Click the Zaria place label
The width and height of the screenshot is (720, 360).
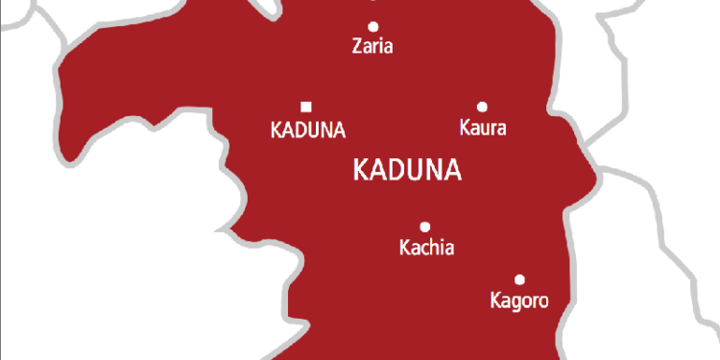click(x=373, y=46)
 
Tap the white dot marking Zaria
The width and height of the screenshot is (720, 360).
click(x=373, y=26)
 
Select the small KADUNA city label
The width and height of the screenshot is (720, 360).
click(x=307, y=129)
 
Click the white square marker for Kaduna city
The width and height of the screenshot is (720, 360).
click(x=306, y=107)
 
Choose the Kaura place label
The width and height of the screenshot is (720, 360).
click(x=483, y=128)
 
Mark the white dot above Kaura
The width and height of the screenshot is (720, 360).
click(x=482, y=107)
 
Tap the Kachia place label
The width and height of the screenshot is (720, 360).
click(x=425, y=249)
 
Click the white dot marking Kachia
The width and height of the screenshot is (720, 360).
click(x=425, y=228)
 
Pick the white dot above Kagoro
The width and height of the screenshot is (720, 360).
click(x=519, y=280)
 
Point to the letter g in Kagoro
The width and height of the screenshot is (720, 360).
click(x=516, y=303)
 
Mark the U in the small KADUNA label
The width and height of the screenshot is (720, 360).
click(x=313, y=129)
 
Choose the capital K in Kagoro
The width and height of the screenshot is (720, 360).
click(x=492, y=301)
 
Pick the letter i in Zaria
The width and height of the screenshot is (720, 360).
click(x=383, y=46)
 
